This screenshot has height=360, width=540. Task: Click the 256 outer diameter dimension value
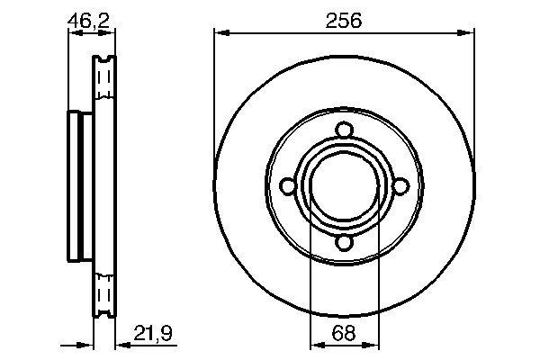(345, 21)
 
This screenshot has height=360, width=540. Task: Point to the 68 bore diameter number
(344, 333)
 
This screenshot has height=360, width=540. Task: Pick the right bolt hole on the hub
(401, 185)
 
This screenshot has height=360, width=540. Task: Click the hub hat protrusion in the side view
(76, 185)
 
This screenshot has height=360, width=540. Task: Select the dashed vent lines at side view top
(104, 83)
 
